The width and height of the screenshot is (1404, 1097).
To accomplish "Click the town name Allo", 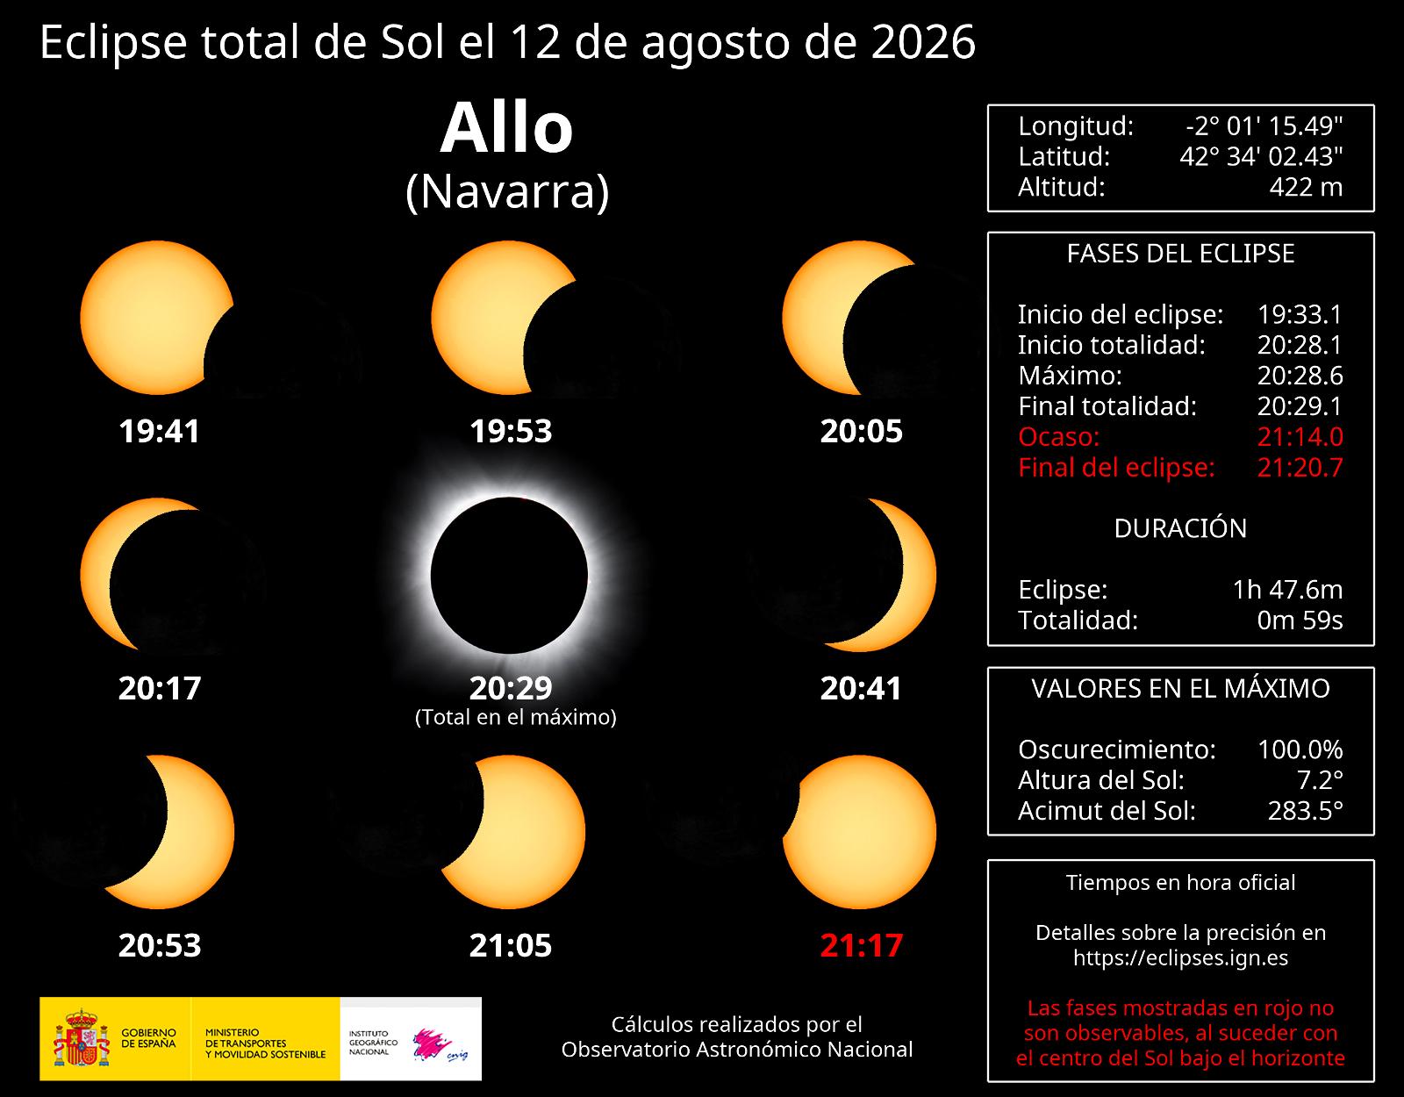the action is pos(506,127).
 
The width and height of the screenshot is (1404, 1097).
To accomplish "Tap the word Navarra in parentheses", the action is pos(507,192).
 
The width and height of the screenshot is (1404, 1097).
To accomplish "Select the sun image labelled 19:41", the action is pos(156,317).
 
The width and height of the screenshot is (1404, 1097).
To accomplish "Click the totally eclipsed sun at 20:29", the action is pos(509,574).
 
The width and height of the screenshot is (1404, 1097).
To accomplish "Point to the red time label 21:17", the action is pos(862,945).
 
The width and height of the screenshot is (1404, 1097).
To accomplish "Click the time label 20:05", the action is pos(862,431).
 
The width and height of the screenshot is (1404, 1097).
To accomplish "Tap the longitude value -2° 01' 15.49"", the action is pos(1264,126).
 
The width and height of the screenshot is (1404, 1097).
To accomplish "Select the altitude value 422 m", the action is pos(1306,187).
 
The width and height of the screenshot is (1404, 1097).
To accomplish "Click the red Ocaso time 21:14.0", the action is pos(1300,437).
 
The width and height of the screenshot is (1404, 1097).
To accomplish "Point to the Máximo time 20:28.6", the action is pos(1300,376).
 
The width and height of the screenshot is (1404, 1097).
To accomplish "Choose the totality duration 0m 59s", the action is pos(1300,620).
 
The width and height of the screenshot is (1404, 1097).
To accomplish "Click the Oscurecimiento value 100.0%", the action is pos(1300,749).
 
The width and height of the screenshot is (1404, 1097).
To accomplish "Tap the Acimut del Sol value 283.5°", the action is pos(1306,811).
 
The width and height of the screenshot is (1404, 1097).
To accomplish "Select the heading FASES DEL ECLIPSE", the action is pos(1180,254).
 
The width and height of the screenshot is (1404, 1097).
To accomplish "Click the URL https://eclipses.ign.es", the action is pos(1180,957).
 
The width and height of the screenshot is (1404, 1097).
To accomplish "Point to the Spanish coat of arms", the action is pos(82,1037).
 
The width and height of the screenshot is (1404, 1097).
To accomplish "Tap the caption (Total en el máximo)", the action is pos(516,717).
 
